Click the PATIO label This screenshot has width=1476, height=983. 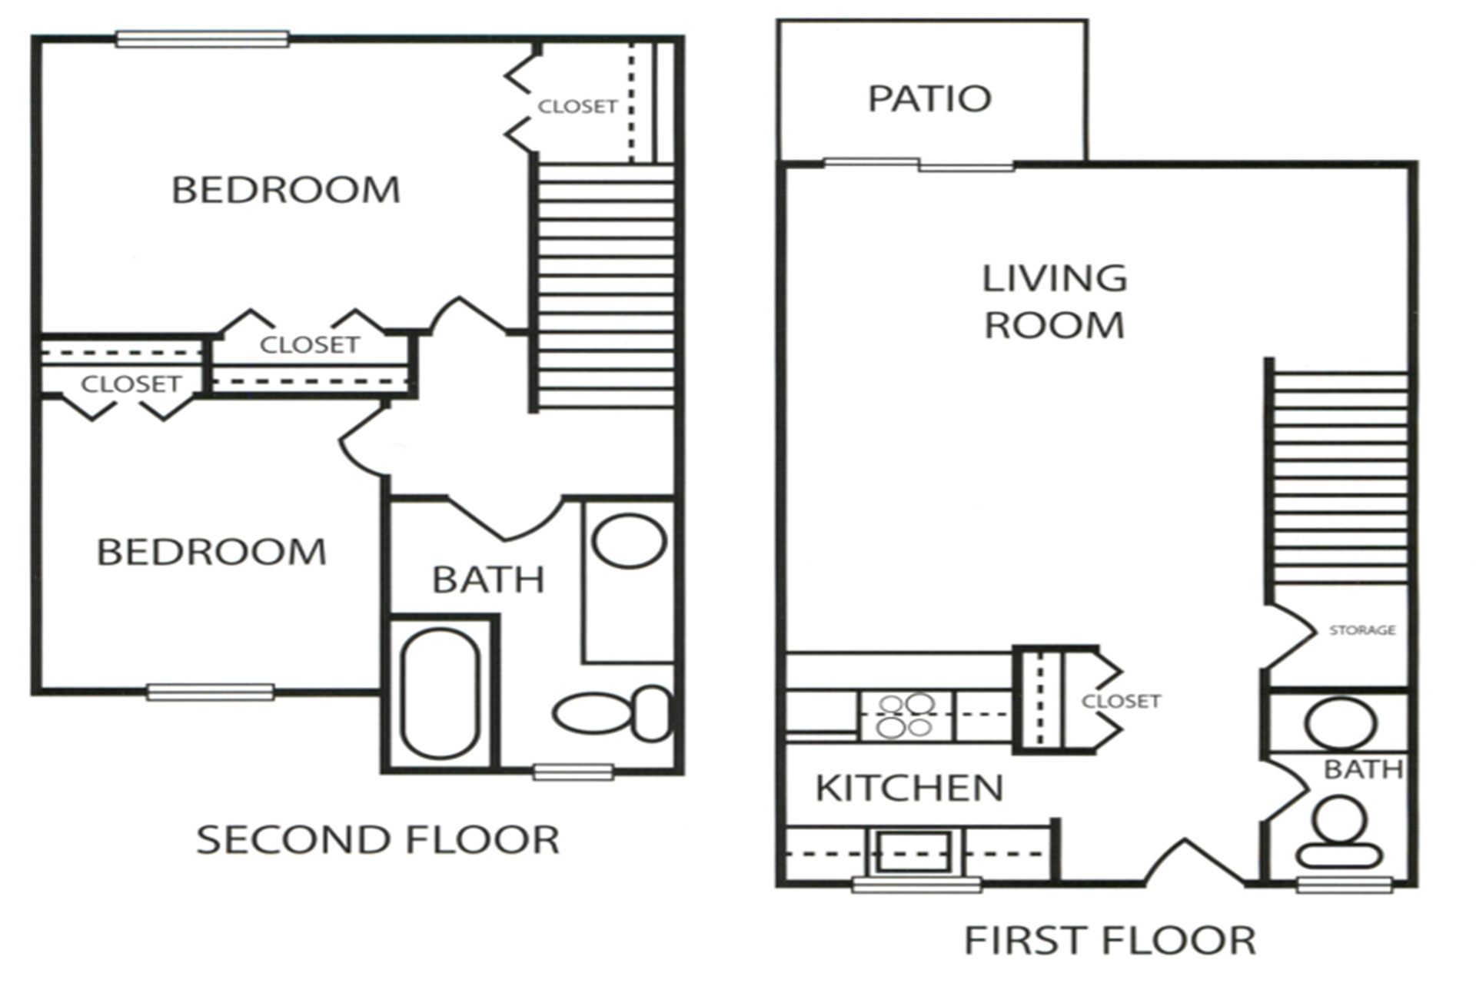929,98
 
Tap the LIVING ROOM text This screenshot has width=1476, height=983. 1054,301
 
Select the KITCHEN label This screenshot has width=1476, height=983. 909,789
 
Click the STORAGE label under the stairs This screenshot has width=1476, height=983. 1362,630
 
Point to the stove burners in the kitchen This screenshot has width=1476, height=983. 906,716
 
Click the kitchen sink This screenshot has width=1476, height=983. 915,851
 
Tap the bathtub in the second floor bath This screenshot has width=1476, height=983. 440,693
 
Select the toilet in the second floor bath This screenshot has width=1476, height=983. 611,714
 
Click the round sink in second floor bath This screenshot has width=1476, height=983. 628,541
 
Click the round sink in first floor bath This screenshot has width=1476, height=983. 1340,723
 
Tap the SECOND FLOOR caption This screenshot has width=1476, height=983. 377,840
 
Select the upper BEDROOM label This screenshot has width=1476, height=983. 285,191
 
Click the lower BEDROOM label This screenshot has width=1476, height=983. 211,553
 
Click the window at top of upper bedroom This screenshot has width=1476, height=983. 202,39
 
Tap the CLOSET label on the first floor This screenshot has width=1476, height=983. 1120,702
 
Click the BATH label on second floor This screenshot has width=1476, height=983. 488,580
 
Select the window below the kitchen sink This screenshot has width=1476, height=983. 916,885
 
